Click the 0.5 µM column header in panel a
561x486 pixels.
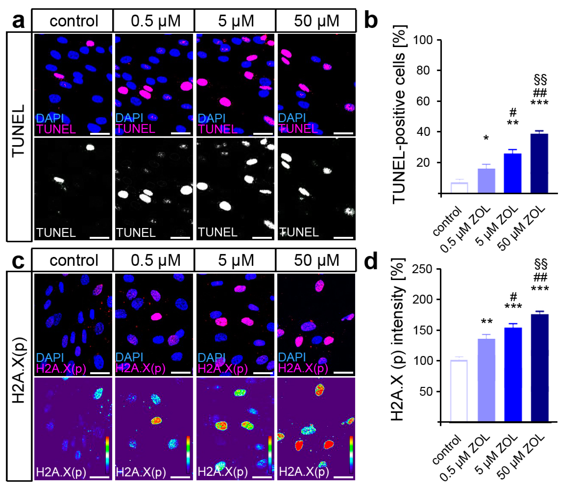click(x=156, y=21)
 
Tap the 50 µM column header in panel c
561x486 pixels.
click(x=316, y=260)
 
